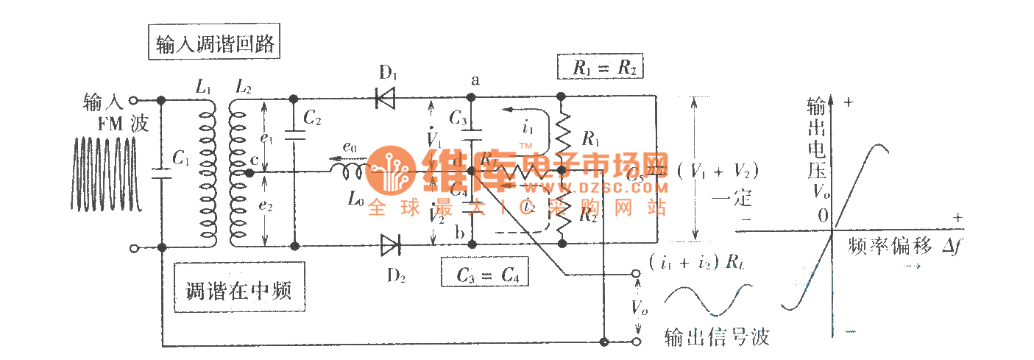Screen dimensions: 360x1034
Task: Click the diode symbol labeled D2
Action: (390, 244)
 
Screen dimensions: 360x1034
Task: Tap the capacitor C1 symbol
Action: (160, 174)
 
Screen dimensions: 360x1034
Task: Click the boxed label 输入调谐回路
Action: (215, 45)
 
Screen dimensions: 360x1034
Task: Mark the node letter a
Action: (474, 80)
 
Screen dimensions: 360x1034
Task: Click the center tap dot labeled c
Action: (249, 172)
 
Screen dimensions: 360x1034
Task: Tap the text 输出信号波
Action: (716, 337)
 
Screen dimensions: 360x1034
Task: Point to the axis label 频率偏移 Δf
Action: (904, 245)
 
